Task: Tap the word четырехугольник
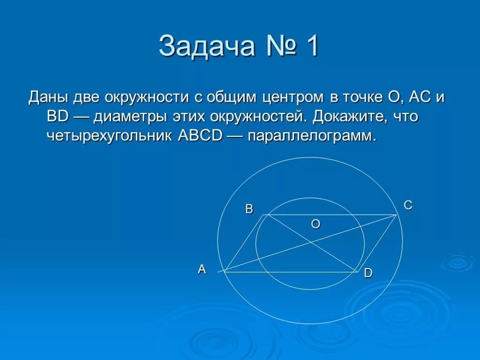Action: pos(110,136)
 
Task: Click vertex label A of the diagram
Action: pos(202,270)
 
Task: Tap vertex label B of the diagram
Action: pos(249,209)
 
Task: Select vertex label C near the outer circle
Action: pos(408,205)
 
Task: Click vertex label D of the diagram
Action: pos(368,273)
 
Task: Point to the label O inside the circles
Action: pos(315,225)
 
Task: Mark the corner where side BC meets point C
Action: pos(397,215)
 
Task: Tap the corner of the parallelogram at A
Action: pos(225,271)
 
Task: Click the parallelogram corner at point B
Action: pos(267,215)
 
